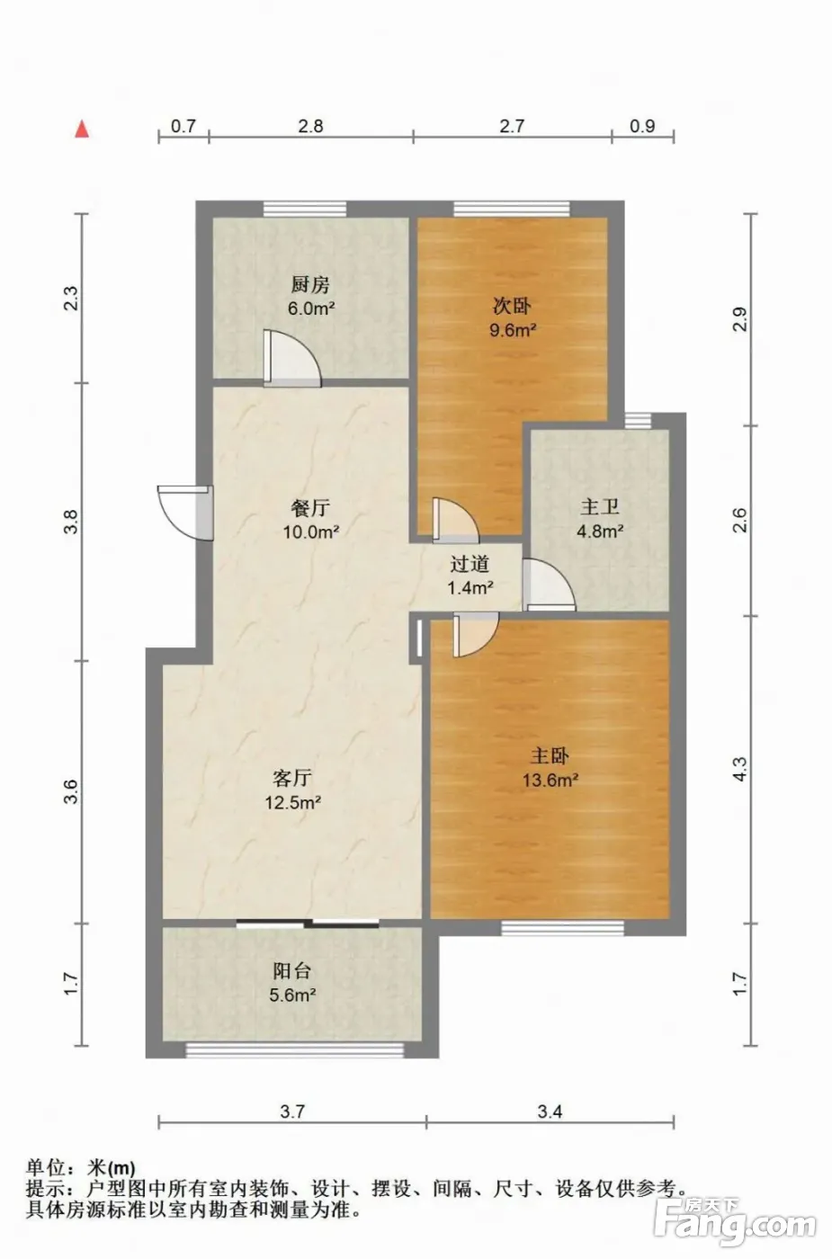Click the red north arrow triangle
[83, 129]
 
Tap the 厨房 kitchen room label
[310, 285]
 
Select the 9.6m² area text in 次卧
[513, 329]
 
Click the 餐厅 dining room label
[310, 508]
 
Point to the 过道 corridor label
[470, 564]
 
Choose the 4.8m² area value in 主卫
[600, 531]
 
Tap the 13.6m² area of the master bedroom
[550, 781]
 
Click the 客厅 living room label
[292, 779]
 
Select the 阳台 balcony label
[291, 971]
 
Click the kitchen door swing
[292, 359]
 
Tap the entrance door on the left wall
[185, 513]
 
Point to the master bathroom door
[549, 585]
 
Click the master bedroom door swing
[476, 635]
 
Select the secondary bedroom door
[455, 521]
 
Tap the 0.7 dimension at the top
[183, 126]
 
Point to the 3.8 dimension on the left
[71, 521]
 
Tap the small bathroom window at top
[638, 421]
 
